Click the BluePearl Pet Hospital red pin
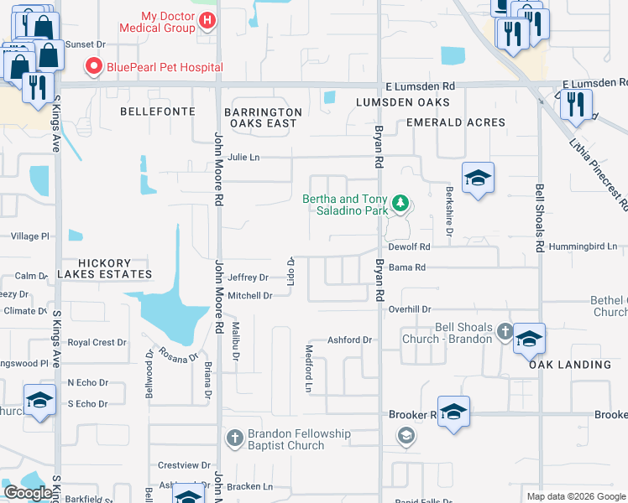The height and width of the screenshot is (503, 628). point(92,66)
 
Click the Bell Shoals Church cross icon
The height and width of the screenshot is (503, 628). point(504,331)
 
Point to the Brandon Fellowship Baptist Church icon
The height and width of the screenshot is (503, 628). point(235,438)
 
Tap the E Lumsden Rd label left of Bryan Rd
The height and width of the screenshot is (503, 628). point(420,86)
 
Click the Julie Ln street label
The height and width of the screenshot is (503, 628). point(243,157)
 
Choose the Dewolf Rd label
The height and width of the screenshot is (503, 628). point(409,247)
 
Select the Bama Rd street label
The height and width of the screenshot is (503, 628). point(408,267)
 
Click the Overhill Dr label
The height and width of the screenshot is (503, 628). point(409,309)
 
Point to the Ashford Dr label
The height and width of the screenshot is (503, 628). point(349,340)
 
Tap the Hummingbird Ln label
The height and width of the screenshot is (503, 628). point(583,247)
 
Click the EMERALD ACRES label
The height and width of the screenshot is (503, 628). point(455,122)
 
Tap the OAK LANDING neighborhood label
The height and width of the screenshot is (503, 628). point(569,365)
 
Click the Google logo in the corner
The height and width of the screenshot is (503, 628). point(28,493)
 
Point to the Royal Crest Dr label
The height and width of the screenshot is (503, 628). point(97,343)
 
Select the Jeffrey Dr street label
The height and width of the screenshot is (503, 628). point(248,277)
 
